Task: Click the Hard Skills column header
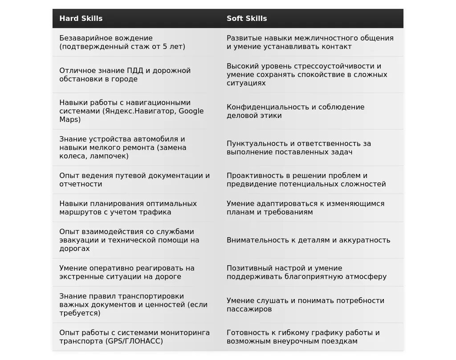coord(81,19)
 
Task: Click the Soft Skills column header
coord(247,19)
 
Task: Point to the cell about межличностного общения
coord(310,42)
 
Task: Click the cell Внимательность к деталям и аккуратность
coord(308,240)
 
